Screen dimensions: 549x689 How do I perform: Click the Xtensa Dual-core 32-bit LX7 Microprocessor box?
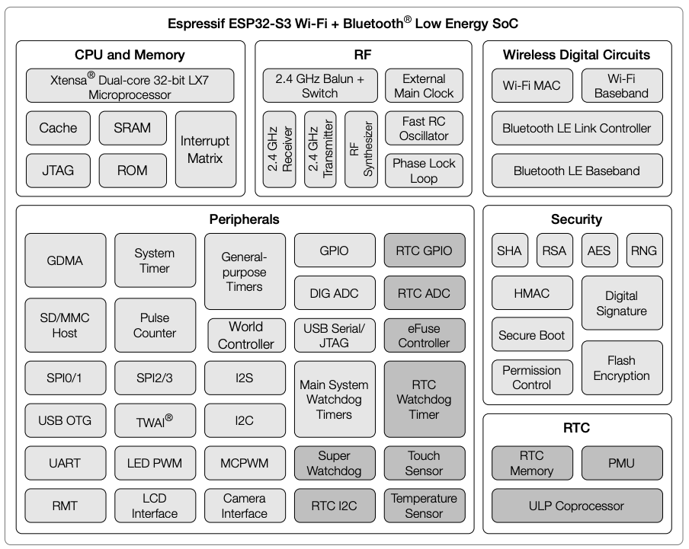[130, 86]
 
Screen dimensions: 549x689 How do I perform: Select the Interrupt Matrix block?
[206, 149]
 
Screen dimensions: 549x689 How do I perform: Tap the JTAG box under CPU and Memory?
[58, 170]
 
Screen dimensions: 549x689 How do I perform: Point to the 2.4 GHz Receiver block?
[279, 149]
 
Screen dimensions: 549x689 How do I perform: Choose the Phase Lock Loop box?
[424, 171]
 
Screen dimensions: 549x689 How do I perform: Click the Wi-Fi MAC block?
[532, 86]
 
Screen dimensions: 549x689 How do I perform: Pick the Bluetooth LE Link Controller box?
[576, 128]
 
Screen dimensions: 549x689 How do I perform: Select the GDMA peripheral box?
[65, 260]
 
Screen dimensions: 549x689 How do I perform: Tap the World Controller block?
[245, 335]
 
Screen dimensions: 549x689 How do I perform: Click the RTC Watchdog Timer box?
[424, 400]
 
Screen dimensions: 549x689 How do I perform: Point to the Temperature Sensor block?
[424, 506]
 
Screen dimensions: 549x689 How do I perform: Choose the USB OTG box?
[65, 420]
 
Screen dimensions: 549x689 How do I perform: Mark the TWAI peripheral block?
[155, 420]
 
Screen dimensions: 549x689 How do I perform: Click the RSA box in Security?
[554, 251]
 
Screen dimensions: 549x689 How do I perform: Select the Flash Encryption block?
[621, 368]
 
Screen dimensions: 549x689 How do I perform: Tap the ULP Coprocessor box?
[576, 506]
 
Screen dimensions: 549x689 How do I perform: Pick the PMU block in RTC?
[621, 463]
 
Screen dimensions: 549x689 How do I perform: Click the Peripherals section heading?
[244, 219]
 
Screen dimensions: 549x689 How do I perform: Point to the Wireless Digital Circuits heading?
[576, 55]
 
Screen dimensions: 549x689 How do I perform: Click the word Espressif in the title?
[196, 24]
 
